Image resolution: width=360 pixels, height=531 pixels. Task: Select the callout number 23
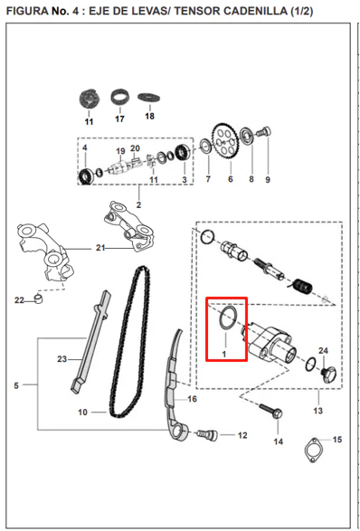(62, 359)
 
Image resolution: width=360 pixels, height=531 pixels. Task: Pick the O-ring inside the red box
(227, 318)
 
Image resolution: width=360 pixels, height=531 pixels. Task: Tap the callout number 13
(318, 411)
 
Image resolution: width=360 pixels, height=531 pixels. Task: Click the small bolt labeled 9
(263, 132)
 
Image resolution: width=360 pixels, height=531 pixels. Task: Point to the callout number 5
(16, 385)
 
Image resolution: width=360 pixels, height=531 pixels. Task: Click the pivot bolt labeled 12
(207, 435)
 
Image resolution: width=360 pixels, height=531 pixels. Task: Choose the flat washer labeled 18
(149, 98)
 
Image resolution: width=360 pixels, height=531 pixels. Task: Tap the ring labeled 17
(120, 98)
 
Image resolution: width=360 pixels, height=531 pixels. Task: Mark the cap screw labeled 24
(328, 375)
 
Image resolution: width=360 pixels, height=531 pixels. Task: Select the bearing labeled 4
(85, 176)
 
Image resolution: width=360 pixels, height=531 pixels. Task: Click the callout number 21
(100, 248)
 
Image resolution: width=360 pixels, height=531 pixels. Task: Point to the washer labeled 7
(205, 146)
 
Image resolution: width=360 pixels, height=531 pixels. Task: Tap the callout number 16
(192, 399)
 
